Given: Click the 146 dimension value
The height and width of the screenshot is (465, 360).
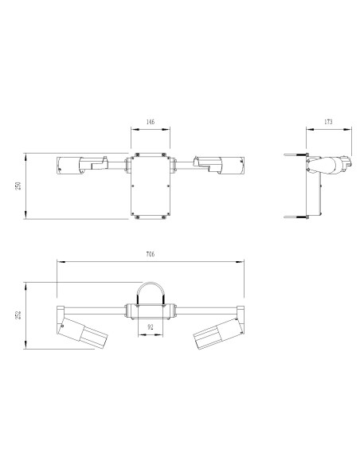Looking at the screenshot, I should coord(151,124).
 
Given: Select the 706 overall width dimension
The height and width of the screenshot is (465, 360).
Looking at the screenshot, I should coord(150,254).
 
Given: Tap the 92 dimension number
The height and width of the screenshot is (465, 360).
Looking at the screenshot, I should coord(151,326).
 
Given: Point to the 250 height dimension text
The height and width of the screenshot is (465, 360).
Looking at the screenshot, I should coord(19,186).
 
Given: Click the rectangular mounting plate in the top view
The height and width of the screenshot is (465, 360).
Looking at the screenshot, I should coord(151,185).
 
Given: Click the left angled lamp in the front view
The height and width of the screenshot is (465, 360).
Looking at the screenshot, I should coord(82,333).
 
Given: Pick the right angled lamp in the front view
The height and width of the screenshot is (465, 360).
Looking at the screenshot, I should coord(217,334).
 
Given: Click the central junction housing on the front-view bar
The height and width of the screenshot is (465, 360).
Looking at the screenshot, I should coord(151,309).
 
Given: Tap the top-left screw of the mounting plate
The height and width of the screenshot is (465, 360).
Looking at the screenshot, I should coord(137,154).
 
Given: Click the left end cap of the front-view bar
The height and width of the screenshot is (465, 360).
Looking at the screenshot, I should coord(57,310).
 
